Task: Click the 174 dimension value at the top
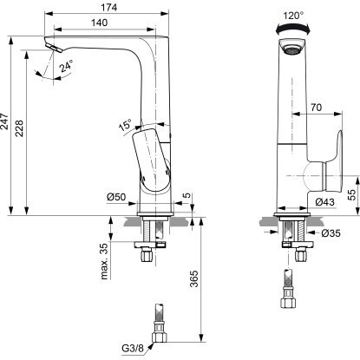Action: (108, 7)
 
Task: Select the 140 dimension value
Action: (99, 23)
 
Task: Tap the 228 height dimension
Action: (19, 128)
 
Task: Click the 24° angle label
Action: (66, 66)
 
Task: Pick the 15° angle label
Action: (125, 125)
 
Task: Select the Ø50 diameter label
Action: (116, 197)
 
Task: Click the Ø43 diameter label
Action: (324, 201)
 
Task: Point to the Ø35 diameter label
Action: (331, 232)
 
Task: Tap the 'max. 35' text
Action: (104, 261)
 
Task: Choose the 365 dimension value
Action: (194, 278)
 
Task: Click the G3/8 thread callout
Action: (133, 348)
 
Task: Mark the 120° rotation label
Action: (293, 16)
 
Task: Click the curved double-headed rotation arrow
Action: (293, 27)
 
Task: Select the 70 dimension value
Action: (316, 108)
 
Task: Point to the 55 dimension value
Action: (351, 195)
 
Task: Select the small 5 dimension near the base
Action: (188, 195)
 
